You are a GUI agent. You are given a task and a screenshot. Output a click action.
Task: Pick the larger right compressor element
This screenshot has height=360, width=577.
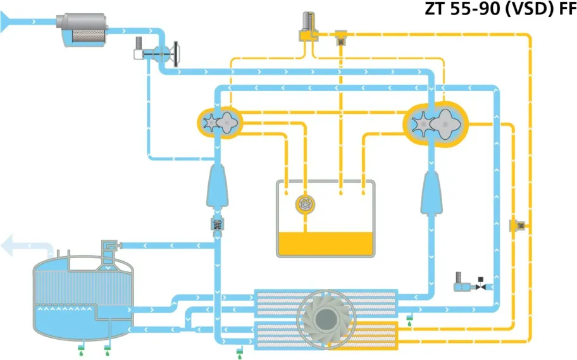(x=436, y=123)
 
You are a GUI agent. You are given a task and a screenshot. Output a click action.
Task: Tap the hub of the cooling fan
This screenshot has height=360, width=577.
(x=326, y=316)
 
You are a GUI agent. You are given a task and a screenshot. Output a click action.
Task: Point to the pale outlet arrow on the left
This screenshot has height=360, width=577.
(x=16, y=245)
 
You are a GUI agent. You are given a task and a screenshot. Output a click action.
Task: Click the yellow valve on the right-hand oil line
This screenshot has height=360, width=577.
(x=518, y=225)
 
